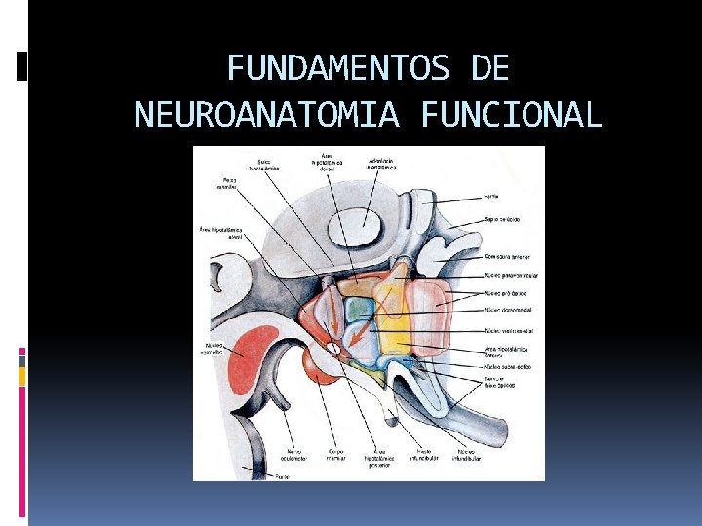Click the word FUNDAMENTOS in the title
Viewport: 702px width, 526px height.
337,69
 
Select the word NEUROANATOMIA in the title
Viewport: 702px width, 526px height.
266,115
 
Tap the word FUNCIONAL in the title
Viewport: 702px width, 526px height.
512,115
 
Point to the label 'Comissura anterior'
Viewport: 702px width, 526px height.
507,257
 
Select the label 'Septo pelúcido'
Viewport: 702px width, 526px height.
502,220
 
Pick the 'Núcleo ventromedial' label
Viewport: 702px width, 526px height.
508,331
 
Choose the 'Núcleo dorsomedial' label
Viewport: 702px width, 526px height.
507,311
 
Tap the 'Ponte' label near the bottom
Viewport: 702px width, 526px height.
282,476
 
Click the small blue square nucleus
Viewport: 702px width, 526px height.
360,309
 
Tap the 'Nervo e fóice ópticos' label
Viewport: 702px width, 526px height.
499,382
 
